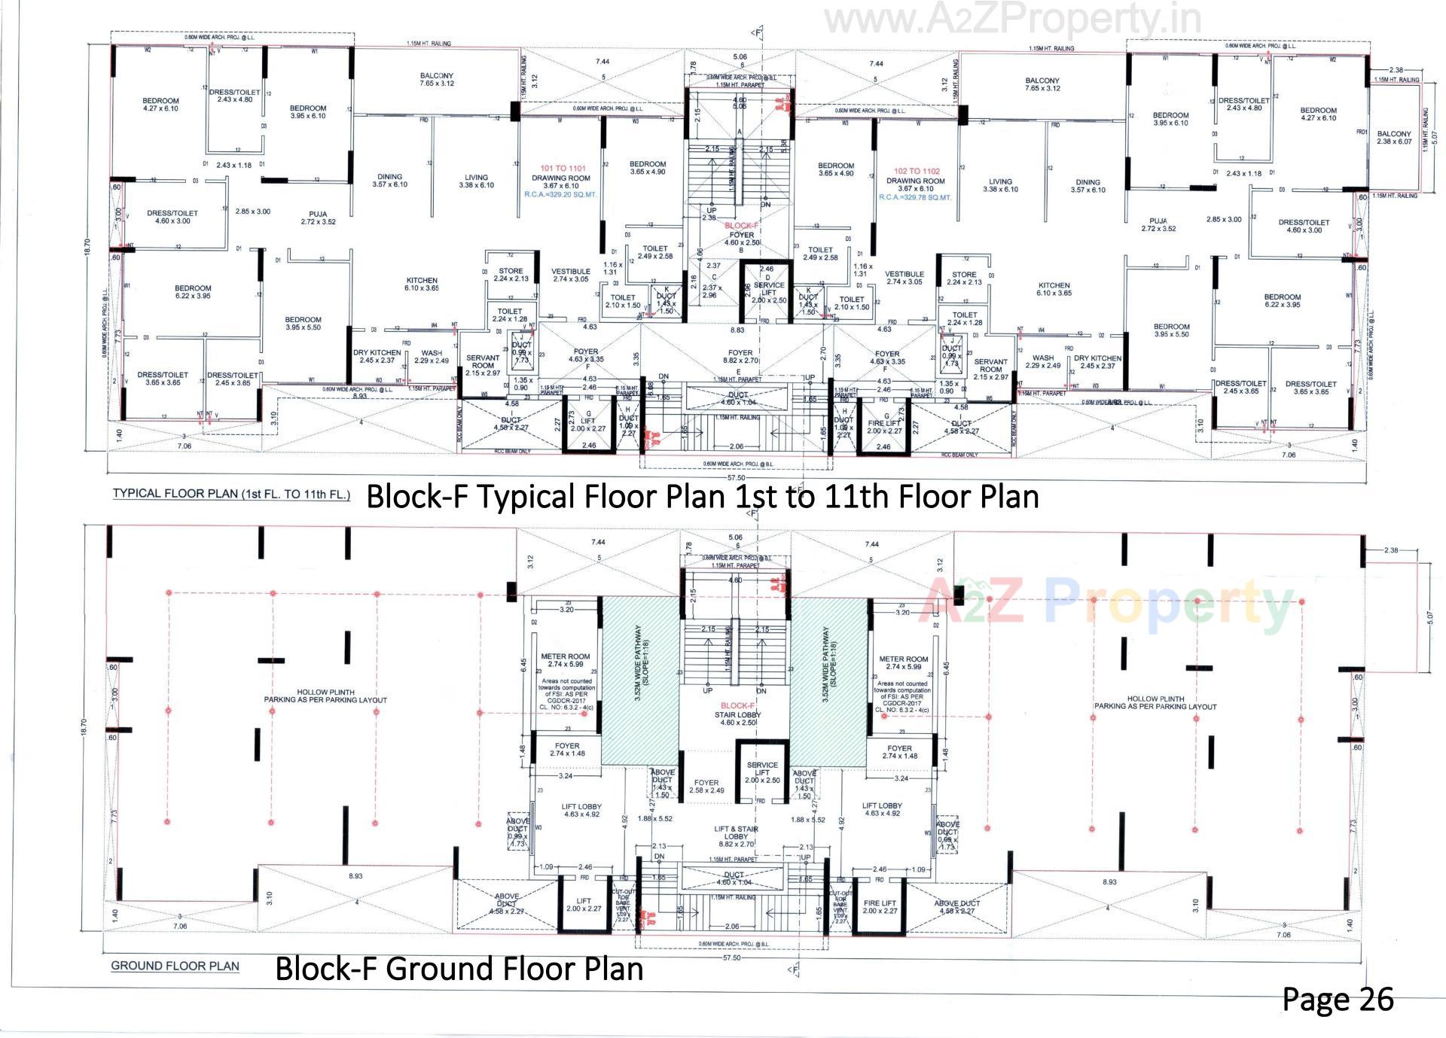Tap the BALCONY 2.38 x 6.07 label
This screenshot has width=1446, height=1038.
(1394, 138)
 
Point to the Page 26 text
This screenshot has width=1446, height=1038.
(1338, 999)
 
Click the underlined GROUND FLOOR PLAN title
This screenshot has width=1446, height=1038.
(175, 966)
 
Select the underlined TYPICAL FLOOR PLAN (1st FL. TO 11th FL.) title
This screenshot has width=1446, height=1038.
(231, 494)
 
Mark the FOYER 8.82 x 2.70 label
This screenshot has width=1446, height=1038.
(740, 357)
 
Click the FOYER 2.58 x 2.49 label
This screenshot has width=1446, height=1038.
(706, 787)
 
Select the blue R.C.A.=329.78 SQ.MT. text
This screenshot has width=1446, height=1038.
(914, 197)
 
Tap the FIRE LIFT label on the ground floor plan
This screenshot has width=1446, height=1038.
(880, 907)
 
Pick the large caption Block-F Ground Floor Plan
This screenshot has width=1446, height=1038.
(459, 968)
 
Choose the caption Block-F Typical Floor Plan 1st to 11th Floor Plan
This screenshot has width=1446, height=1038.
(702, 497)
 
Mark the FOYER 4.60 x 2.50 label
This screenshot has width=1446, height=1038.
(742, 239)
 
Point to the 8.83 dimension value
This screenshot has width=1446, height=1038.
(738, 330)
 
